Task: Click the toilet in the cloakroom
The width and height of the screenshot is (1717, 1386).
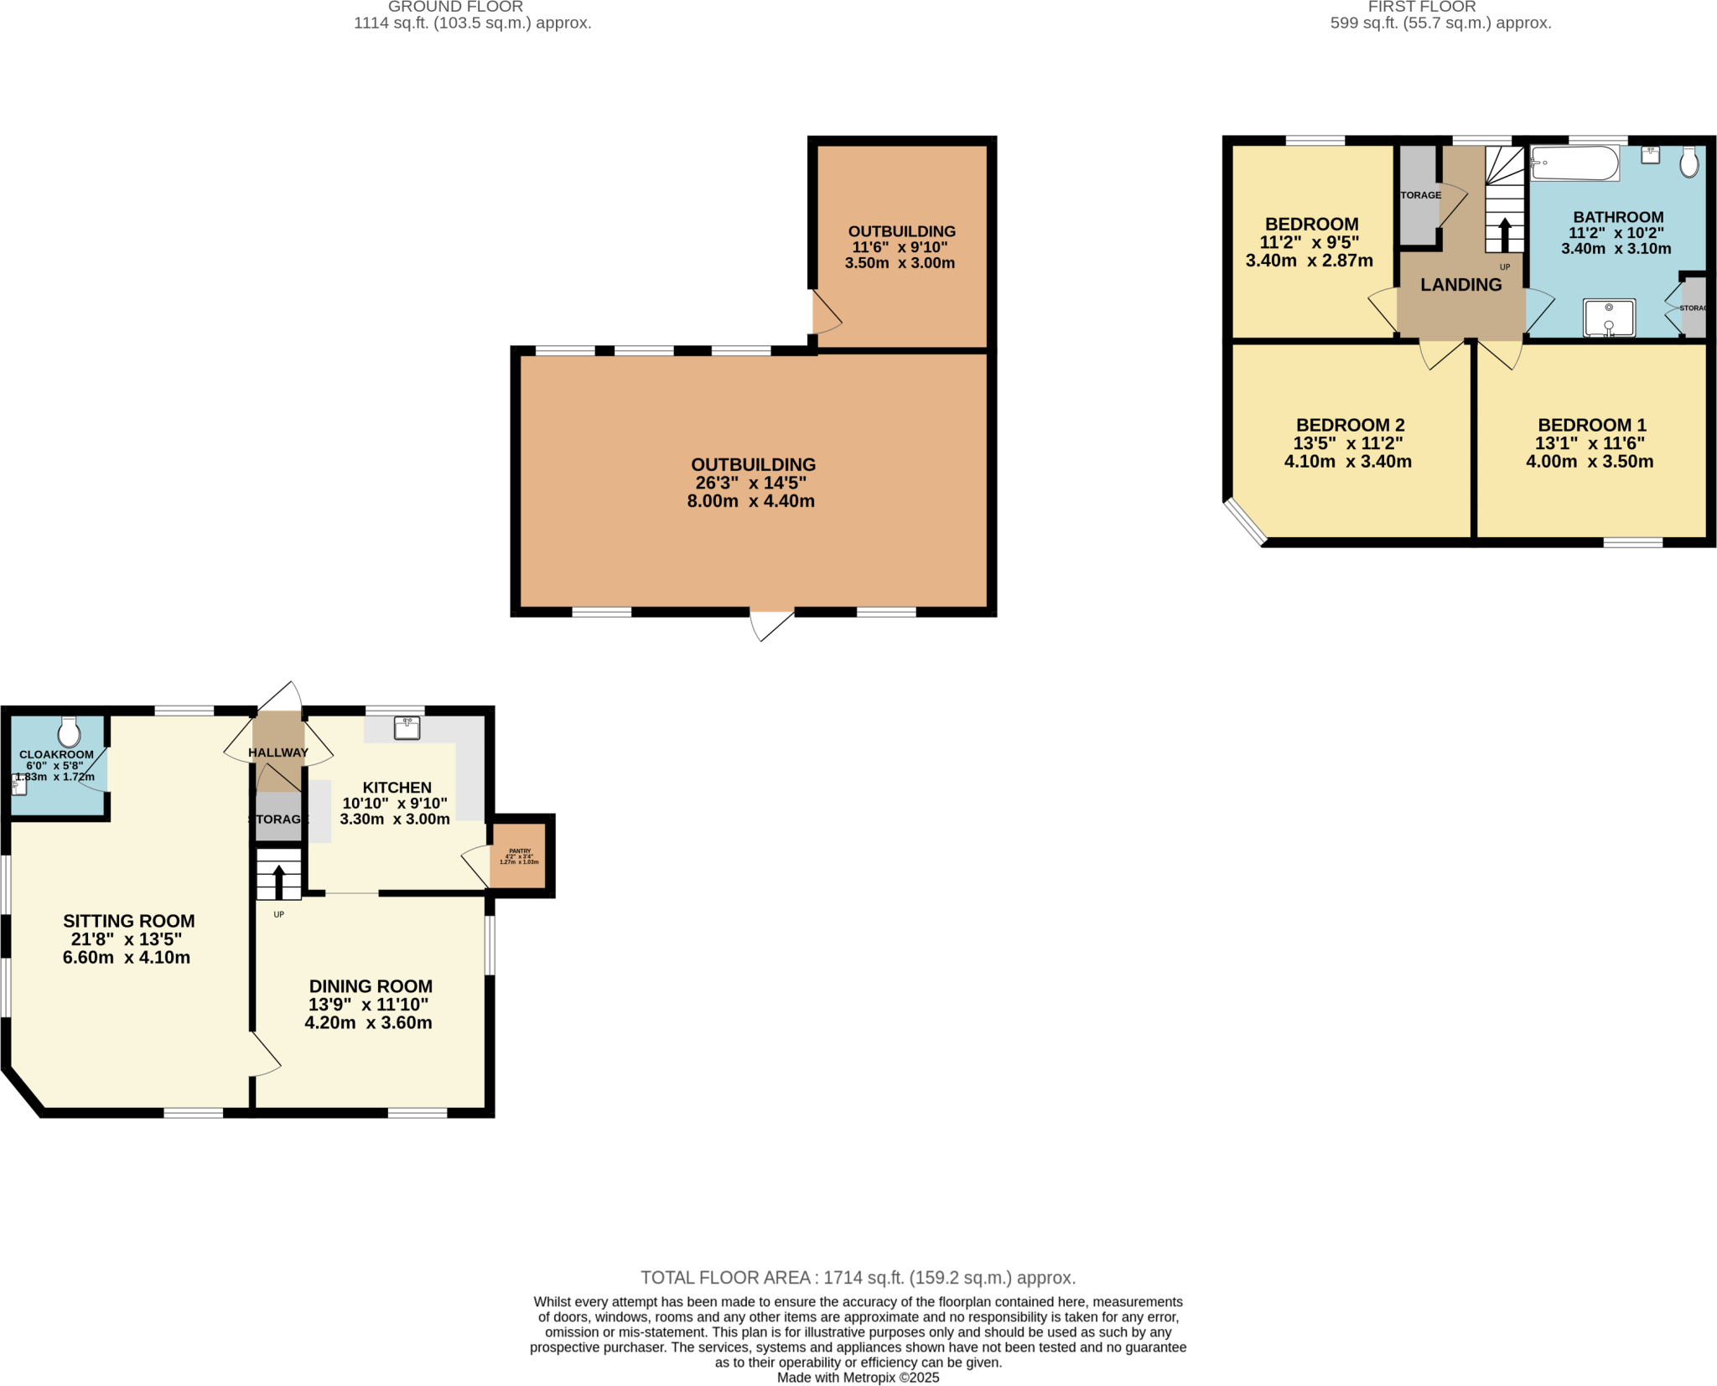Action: point(69,732)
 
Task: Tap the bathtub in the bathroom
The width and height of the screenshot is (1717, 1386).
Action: point(1574,163)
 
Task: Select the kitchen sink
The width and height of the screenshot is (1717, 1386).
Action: point(407,727)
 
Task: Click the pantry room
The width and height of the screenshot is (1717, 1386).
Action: point(518,856)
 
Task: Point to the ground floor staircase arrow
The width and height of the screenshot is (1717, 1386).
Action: point(278,881)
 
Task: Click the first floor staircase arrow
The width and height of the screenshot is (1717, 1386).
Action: point(1504,234)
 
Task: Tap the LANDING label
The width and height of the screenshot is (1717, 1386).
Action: point(1460,285)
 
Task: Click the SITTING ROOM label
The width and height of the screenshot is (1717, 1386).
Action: point(128,921)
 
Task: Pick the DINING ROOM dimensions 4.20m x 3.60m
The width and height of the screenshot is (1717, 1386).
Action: point(368,1022)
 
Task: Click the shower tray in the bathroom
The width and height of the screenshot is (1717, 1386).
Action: point(1608,318)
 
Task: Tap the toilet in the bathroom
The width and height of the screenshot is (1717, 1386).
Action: point(1688,162)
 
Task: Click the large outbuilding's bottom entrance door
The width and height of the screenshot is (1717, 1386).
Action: point(772,624)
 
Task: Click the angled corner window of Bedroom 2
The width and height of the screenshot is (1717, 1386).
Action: point(1244,520)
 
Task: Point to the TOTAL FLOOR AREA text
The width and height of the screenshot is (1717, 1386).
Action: point(858,1278)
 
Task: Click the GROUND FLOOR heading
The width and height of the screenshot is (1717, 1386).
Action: point(455,7)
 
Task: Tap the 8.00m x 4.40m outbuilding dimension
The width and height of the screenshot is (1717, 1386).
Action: point(750,501)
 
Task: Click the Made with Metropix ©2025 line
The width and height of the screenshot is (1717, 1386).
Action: point(858,1378)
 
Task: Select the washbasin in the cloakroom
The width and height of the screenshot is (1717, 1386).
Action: point(19,785)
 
